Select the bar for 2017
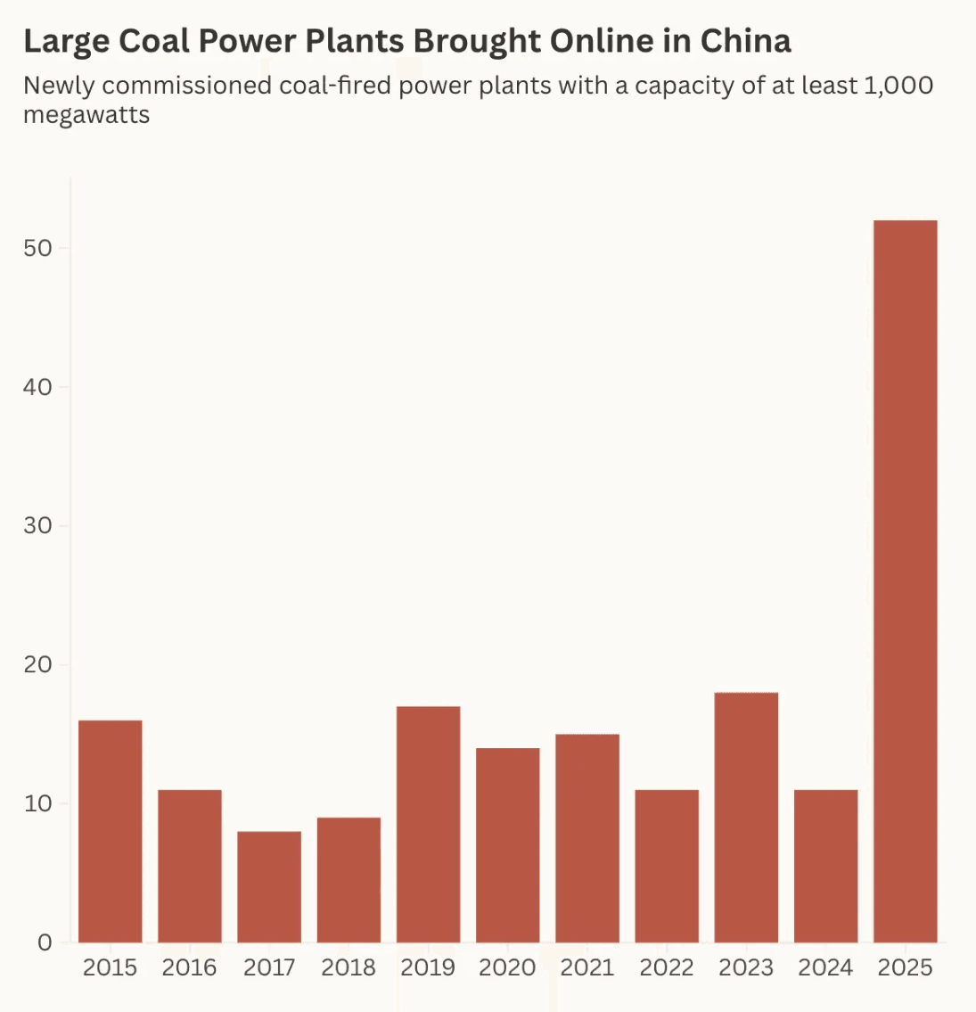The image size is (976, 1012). (269, 886)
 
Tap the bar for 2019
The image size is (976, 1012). (428, 824)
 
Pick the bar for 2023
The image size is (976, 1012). (746, 817)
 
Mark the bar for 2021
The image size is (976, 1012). (587, 838)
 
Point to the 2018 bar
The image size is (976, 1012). (349, 879)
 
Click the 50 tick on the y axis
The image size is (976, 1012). (38, 248)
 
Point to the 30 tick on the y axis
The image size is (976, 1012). (38, 525)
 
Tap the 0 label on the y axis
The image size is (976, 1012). (45, 942)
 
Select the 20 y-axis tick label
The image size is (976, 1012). (38, 664)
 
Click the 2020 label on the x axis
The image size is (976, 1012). (507, 967)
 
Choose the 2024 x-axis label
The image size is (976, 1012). (825, 967)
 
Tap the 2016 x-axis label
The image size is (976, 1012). (189, 967)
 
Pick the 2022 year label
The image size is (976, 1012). (667, 967)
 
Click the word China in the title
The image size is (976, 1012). (745, 41)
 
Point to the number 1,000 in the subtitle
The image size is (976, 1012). (898, 86)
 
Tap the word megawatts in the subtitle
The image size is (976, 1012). (86, 115)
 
